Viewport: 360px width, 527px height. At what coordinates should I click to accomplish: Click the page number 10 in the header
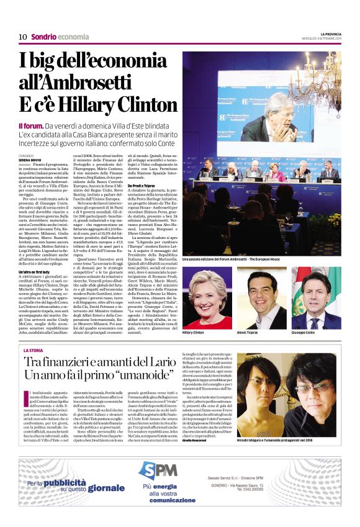coord(22,37)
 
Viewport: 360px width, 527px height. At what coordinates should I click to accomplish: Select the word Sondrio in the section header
coord(43,37)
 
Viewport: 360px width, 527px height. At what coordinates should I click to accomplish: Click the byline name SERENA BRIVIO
coord(33,160)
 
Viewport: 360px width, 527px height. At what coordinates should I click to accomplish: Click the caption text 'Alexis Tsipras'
coord(250,332)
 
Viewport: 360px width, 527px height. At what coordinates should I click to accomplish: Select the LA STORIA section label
coord(33,351)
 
